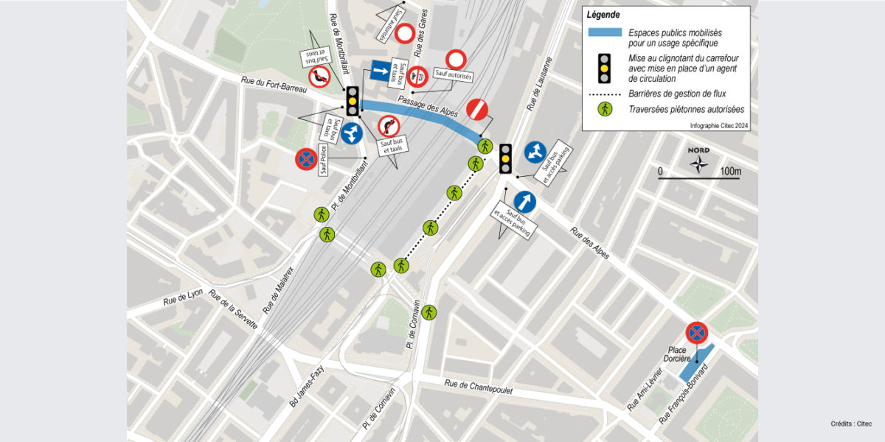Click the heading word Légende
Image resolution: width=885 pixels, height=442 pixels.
point(603,15)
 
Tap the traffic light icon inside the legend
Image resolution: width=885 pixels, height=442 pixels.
point(605,68)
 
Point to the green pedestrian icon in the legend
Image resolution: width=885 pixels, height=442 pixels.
point(605,110)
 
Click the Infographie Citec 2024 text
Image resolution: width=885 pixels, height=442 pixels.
point(719,125)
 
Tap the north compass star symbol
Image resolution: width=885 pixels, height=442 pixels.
point(698,164)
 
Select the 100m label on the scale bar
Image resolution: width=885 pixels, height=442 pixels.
point(730,172)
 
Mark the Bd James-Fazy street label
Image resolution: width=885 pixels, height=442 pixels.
point(308,389)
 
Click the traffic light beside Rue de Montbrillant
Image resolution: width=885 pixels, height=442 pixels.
point(353,101)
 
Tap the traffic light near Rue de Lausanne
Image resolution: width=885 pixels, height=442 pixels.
point(505,158)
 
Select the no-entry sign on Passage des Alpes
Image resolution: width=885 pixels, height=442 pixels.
point(478,109)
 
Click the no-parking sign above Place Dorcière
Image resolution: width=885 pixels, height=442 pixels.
point(696,332)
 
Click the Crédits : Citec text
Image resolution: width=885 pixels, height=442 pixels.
point(851,424)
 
